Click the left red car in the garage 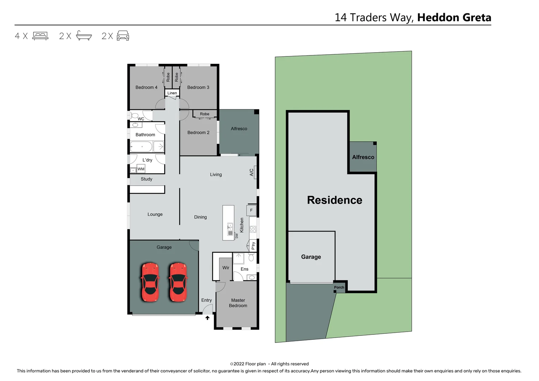point(150,282)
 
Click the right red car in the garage point(178,282)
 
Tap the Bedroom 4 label point(146,87)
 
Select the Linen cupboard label point(172,93)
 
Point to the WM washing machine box point(141,169)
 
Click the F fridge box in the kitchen point(252,210)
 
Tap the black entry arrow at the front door point(207,318)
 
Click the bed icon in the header point(40,36)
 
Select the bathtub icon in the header point(84,36)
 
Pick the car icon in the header point(123,36)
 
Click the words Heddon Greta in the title point(454,18)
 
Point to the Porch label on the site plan point(339,288)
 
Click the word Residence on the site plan point(334,200)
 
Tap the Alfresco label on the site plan point(363,157)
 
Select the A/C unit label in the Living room point(252,173)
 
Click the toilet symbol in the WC point(134,115)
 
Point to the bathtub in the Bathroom point(141,146)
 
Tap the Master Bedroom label point(238,303)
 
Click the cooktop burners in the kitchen point(253,229)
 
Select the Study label point(146,179)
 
